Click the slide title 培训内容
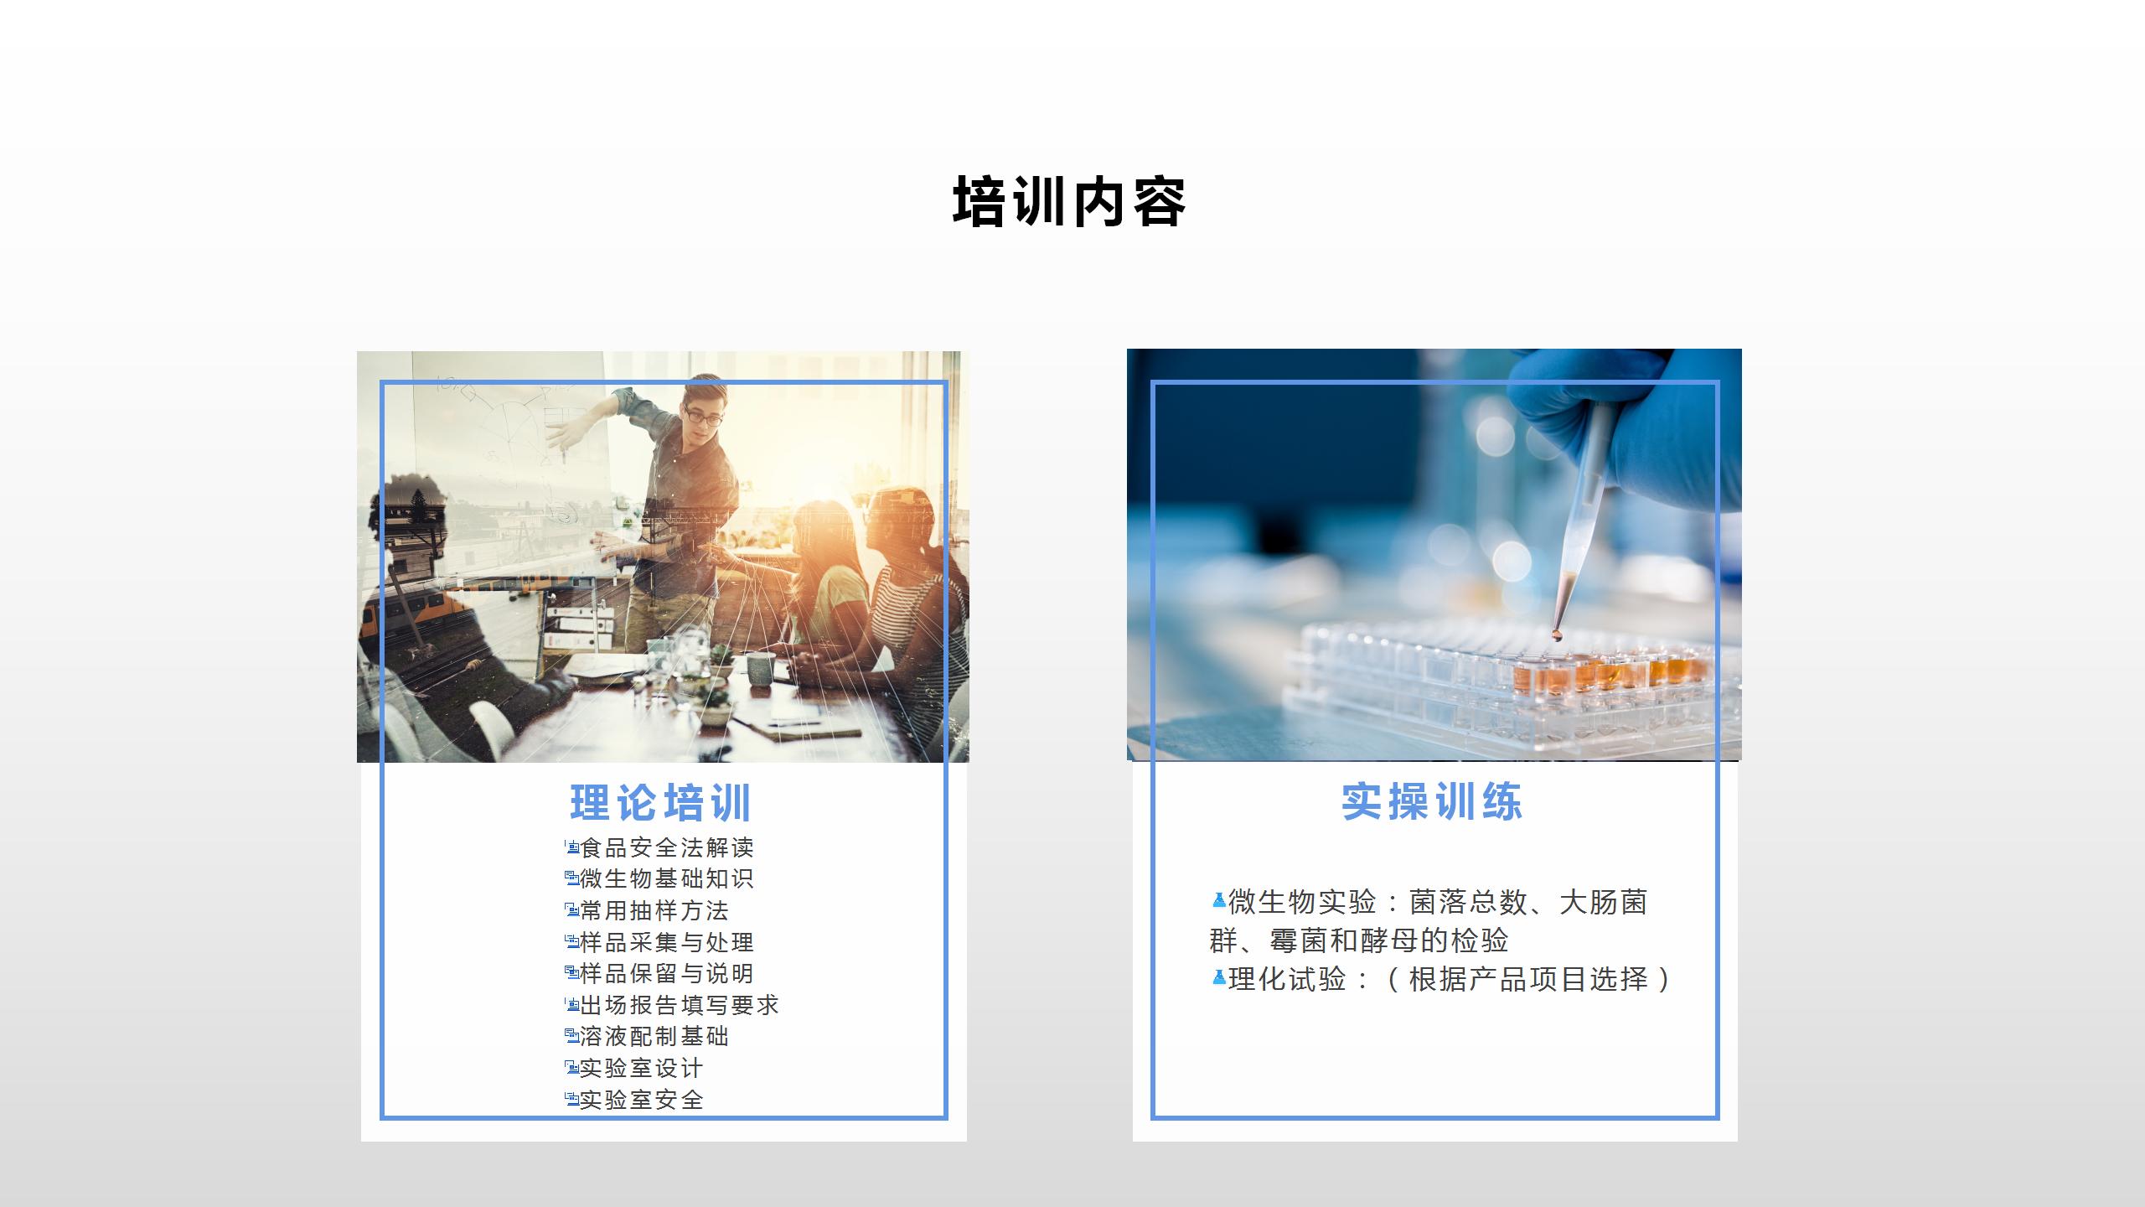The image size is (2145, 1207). point(1069,202)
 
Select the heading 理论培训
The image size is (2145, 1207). point(661,803)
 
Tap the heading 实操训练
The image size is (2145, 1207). point(1432,802)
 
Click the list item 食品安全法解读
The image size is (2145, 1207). point(667,847)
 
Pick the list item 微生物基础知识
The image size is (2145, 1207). point(667,878)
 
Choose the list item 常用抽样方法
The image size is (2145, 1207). point(654,910)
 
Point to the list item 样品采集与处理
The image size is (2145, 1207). point(667,942)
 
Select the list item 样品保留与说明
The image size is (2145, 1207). point(667,973)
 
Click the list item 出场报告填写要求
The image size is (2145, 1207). point(680,1005)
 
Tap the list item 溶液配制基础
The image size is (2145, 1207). point(654,1036)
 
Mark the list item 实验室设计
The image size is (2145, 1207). point(642,1068)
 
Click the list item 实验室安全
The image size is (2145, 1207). point(642,1100)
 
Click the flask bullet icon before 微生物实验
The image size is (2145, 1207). point(1219,901)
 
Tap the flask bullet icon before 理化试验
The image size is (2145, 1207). point(1219,978)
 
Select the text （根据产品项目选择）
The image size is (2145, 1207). point(1528,979)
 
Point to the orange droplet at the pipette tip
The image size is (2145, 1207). point(1558,635)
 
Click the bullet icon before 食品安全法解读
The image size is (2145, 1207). point(572,847)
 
